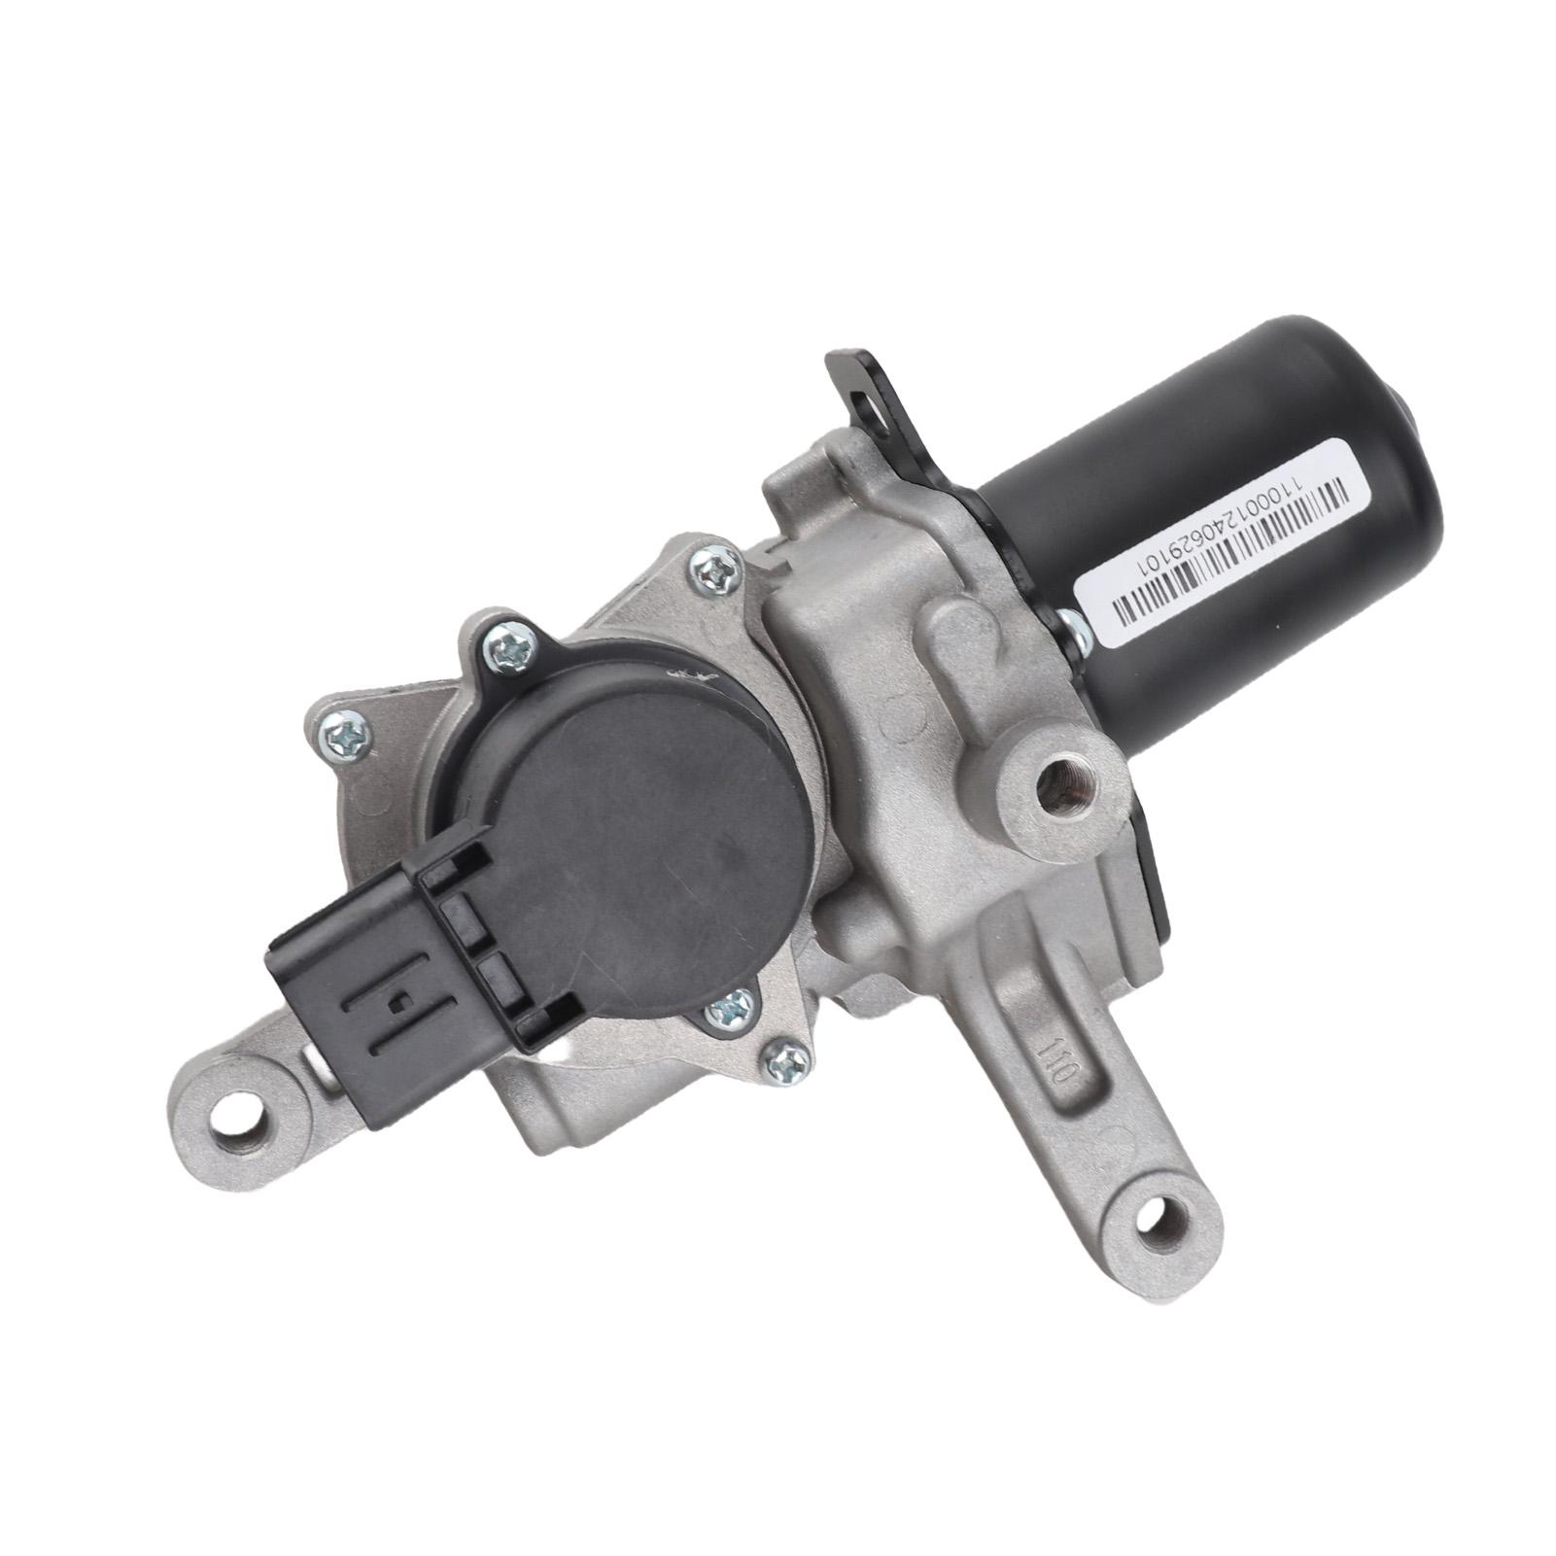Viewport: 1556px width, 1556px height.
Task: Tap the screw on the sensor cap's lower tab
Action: click(726, 1011)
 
